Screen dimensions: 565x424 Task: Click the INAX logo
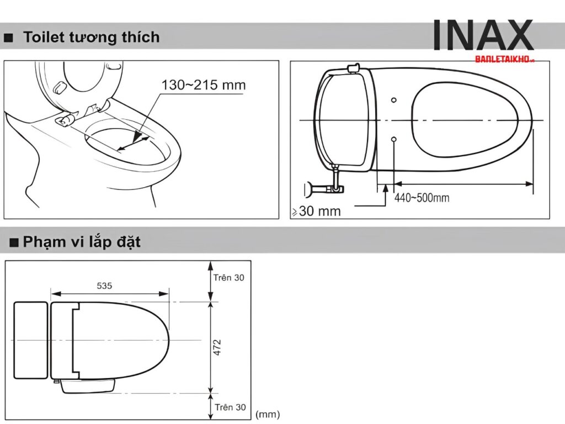[482, 35]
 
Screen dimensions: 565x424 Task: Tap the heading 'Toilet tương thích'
[91, 37]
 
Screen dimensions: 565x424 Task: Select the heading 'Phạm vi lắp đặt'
[82, 242]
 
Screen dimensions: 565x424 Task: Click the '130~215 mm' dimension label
[203, 85]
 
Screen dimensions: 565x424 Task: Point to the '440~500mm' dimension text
[422, 198]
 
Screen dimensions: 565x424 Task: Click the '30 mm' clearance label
[319, 211]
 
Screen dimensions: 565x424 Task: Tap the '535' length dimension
[104, 285]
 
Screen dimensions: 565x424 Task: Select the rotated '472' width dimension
[217, 347]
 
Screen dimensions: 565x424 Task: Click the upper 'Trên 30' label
[228, 278]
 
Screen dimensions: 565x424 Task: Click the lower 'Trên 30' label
[230, 407]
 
